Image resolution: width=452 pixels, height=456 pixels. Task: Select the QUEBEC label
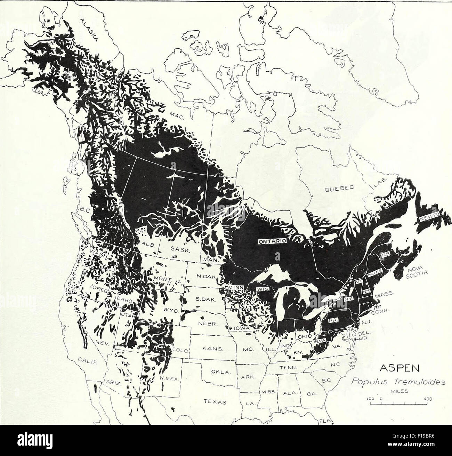(x=339, y=189)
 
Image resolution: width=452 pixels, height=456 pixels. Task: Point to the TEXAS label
(x=213, y=402)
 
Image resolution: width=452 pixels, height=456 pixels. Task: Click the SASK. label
(x=179, y=249)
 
